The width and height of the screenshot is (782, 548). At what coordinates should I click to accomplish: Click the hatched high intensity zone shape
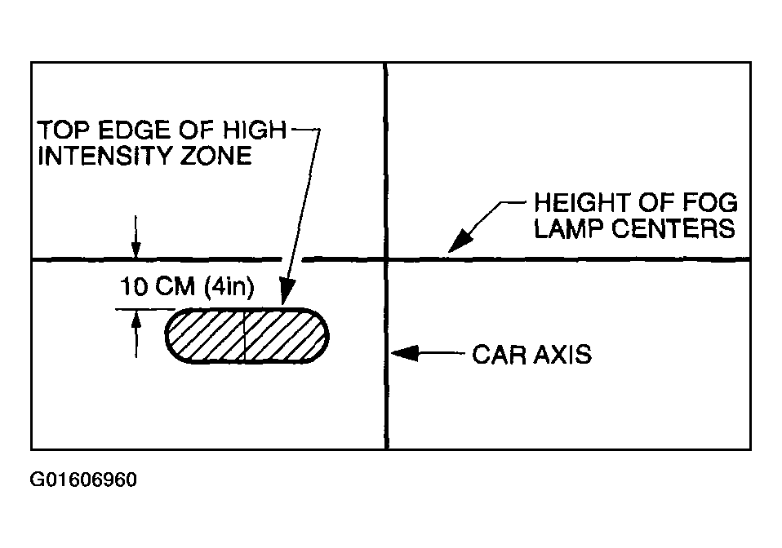coord(247,336)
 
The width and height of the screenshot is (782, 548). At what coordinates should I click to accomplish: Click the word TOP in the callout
coord(64,130)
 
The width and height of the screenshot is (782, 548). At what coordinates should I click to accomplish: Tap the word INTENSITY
coord(104,156)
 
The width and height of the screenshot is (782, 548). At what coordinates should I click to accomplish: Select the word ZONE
coord(215,156)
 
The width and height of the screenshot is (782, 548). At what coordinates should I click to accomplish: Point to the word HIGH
coord(255,130)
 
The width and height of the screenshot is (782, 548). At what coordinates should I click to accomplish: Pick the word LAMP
coord(568,228)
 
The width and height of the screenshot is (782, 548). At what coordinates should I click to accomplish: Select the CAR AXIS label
coord(531,355)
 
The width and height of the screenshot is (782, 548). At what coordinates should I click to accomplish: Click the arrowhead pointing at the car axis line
coord(404,353)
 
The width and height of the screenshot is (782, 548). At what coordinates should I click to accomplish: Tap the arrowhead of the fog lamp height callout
coord(460,241)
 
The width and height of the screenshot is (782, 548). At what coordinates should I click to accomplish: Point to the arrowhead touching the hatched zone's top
coord(287,291)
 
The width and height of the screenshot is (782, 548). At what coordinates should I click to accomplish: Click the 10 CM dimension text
coord(157,286)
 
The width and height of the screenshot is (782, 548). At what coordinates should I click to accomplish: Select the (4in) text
coord(229,287)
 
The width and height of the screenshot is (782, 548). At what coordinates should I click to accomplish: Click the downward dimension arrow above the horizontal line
coord(136,237)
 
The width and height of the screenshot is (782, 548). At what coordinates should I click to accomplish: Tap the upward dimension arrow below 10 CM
coord(136,334)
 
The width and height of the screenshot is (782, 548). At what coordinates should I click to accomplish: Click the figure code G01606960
coord(83,479)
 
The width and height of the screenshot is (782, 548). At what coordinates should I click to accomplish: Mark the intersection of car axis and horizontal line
coord(386,259)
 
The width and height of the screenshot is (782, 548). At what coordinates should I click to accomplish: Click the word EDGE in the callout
coord(133,130)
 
